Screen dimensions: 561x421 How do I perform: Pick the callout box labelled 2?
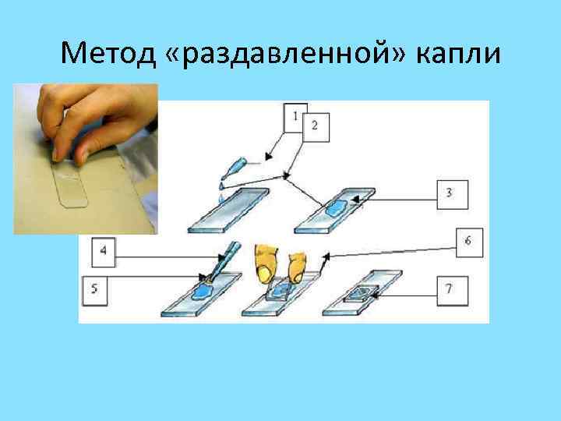314,126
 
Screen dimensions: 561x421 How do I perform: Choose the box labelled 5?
94,292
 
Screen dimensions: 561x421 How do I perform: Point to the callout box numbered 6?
467,242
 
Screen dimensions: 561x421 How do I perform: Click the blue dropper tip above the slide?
238,167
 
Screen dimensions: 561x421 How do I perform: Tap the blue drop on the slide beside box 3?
339,207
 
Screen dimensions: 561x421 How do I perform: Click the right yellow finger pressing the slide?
298,265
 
